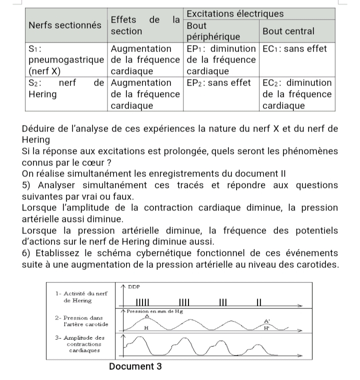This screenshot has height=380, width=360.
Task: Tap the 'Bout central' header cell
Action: [x=288, y=31]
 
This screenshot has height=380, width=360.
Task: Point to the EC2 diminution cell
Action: [x=297, y=94]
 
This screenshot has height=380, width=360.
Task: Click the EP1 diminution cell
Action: [x=220, y=60]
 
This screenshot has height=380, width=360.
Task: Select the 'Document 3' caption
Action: [x=135, y=366]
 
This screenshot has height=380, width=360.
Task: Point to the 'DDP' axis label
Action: [x=133, y=286]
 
